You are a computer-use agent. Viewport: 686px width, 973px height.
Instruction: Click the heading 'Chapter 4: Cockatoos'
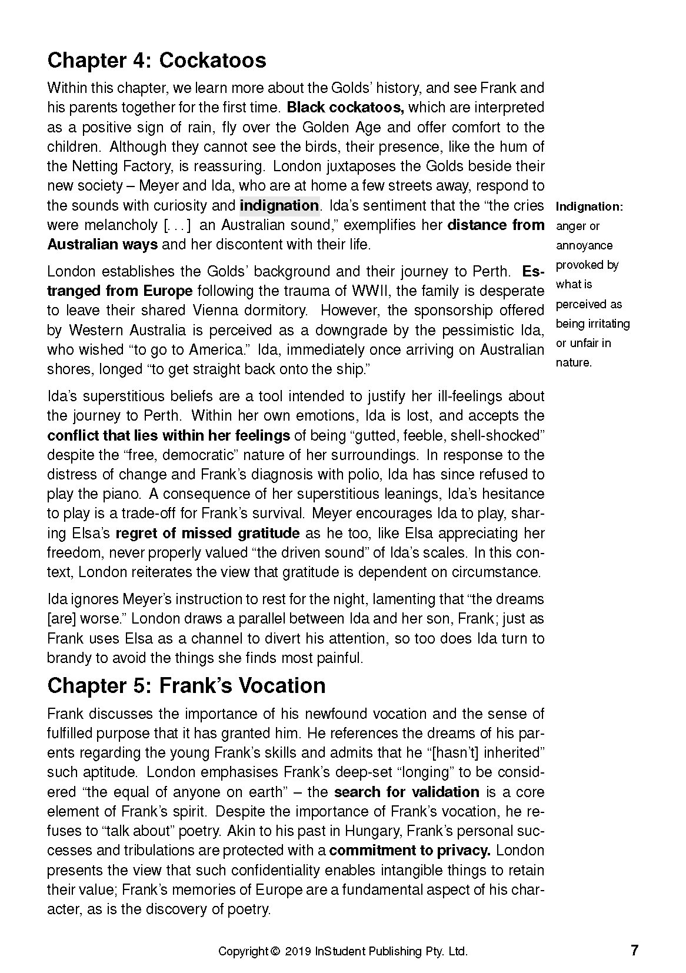156,61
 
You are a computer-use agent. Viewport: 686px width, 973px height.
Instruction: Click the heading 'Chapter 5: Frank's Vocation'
186,686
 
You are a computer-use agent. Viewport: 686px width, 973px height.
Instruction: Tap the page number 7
634,951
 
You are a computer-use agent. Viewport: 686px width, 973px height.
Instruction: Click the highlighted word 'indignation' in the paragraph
279,206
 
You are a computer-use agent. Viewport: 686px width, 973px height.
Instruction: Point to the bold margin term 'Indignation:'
589,207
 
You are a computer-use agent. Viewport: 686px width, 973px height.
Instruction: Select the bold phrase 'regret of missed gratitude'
208,534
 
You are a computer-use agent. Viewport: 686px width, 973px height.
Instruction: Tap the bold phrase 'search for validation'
407,792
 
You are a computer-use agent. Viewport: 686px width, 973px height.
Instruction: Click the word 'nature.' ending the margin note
574,363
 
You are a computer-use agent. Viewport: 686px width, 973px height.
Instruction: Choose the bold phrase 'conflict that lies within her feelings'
168,436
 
